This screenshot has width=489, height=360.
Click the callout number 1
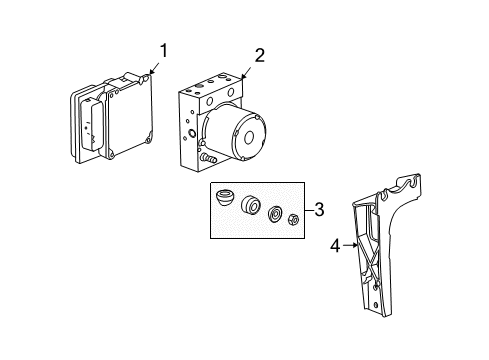click(163, 50)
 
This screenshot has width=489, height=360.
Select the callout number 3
click(318, 210)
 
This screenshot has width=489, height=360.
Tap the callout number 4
click(336, 243)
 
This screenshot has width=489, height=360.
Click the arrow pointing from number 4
click(350, 243)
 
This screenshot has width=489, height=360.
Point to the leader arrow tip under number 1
click(147, 73)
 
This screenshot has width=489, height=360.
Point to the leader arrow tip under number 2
click(243, 76)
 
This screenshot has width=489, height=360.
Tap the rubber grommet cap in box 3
click(228, 200)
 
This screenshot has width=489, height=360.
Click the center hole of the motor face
click(250, 138)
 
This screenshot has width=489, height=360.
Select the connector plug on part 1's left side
click(87, 126)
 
